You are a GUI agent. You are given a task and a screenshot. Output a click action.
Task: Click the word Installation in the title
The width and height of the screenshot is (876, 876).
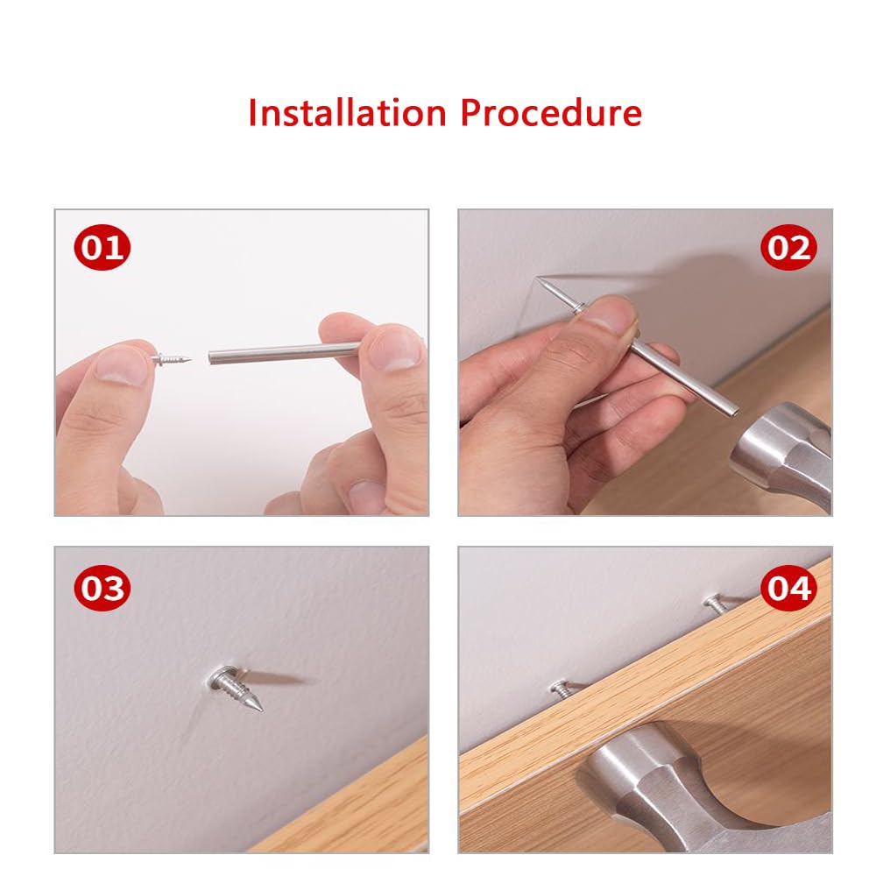click(347, 114)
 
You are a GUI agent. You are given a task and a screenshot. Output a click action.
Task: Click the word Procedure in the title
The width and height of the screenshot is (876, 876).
click(551, 114)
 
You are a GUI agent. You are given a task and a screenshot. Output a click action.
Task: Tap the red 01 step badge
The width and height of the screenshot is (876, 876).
click(102, 249)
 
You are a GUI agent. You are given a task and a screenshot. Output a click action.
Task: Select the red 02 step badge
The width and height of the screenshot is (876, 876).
click(788, 249)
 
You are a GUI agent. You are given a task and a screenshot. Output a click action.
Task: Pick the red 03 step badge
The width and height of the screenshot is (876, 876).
click(102, 589)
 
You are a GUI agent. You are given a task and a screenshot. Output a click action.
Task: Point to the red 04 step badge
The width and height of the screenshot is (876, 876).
click(788, 589)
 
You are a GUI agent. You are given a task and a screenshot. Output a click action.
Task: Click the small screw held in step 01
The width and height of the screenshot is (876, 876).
click(173, 358)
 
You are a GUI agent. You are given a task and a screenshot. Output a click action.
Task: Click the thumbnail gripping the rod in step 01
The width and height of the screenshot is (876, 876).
click(392, 350)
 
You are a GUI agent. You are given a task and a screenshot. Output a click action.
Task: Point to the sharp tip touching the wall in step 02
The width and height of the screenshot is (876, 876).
click(538, 280)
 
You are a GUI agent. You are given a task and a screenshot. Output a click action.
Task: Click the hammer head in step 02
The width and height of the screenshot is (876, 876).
click(780, 451)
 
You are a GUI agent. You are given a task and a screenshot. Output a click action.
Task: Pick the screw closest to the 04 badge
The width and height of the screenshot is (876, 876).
click(716, 603)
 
